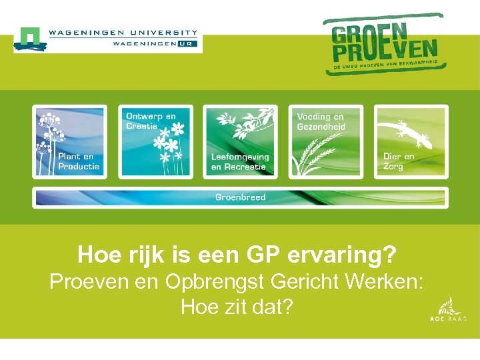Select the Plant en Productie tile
tap(70, 141)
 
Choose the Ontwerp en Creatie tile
tap(155, 141)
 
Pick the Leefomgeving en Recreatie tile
tap(241, 141)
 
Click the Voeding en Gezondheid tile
tap(326, 141)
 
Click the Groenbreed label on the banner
tap(240, 197)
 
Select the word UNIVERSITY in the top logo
tap(164, 31)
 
